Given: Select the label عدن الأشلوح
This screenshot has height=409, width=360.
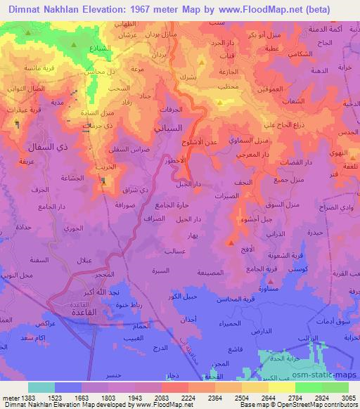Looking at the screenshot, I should coord(208,143).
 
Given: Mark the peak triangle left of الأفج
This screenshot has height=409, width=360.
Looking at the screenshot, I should coord(231,243).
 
